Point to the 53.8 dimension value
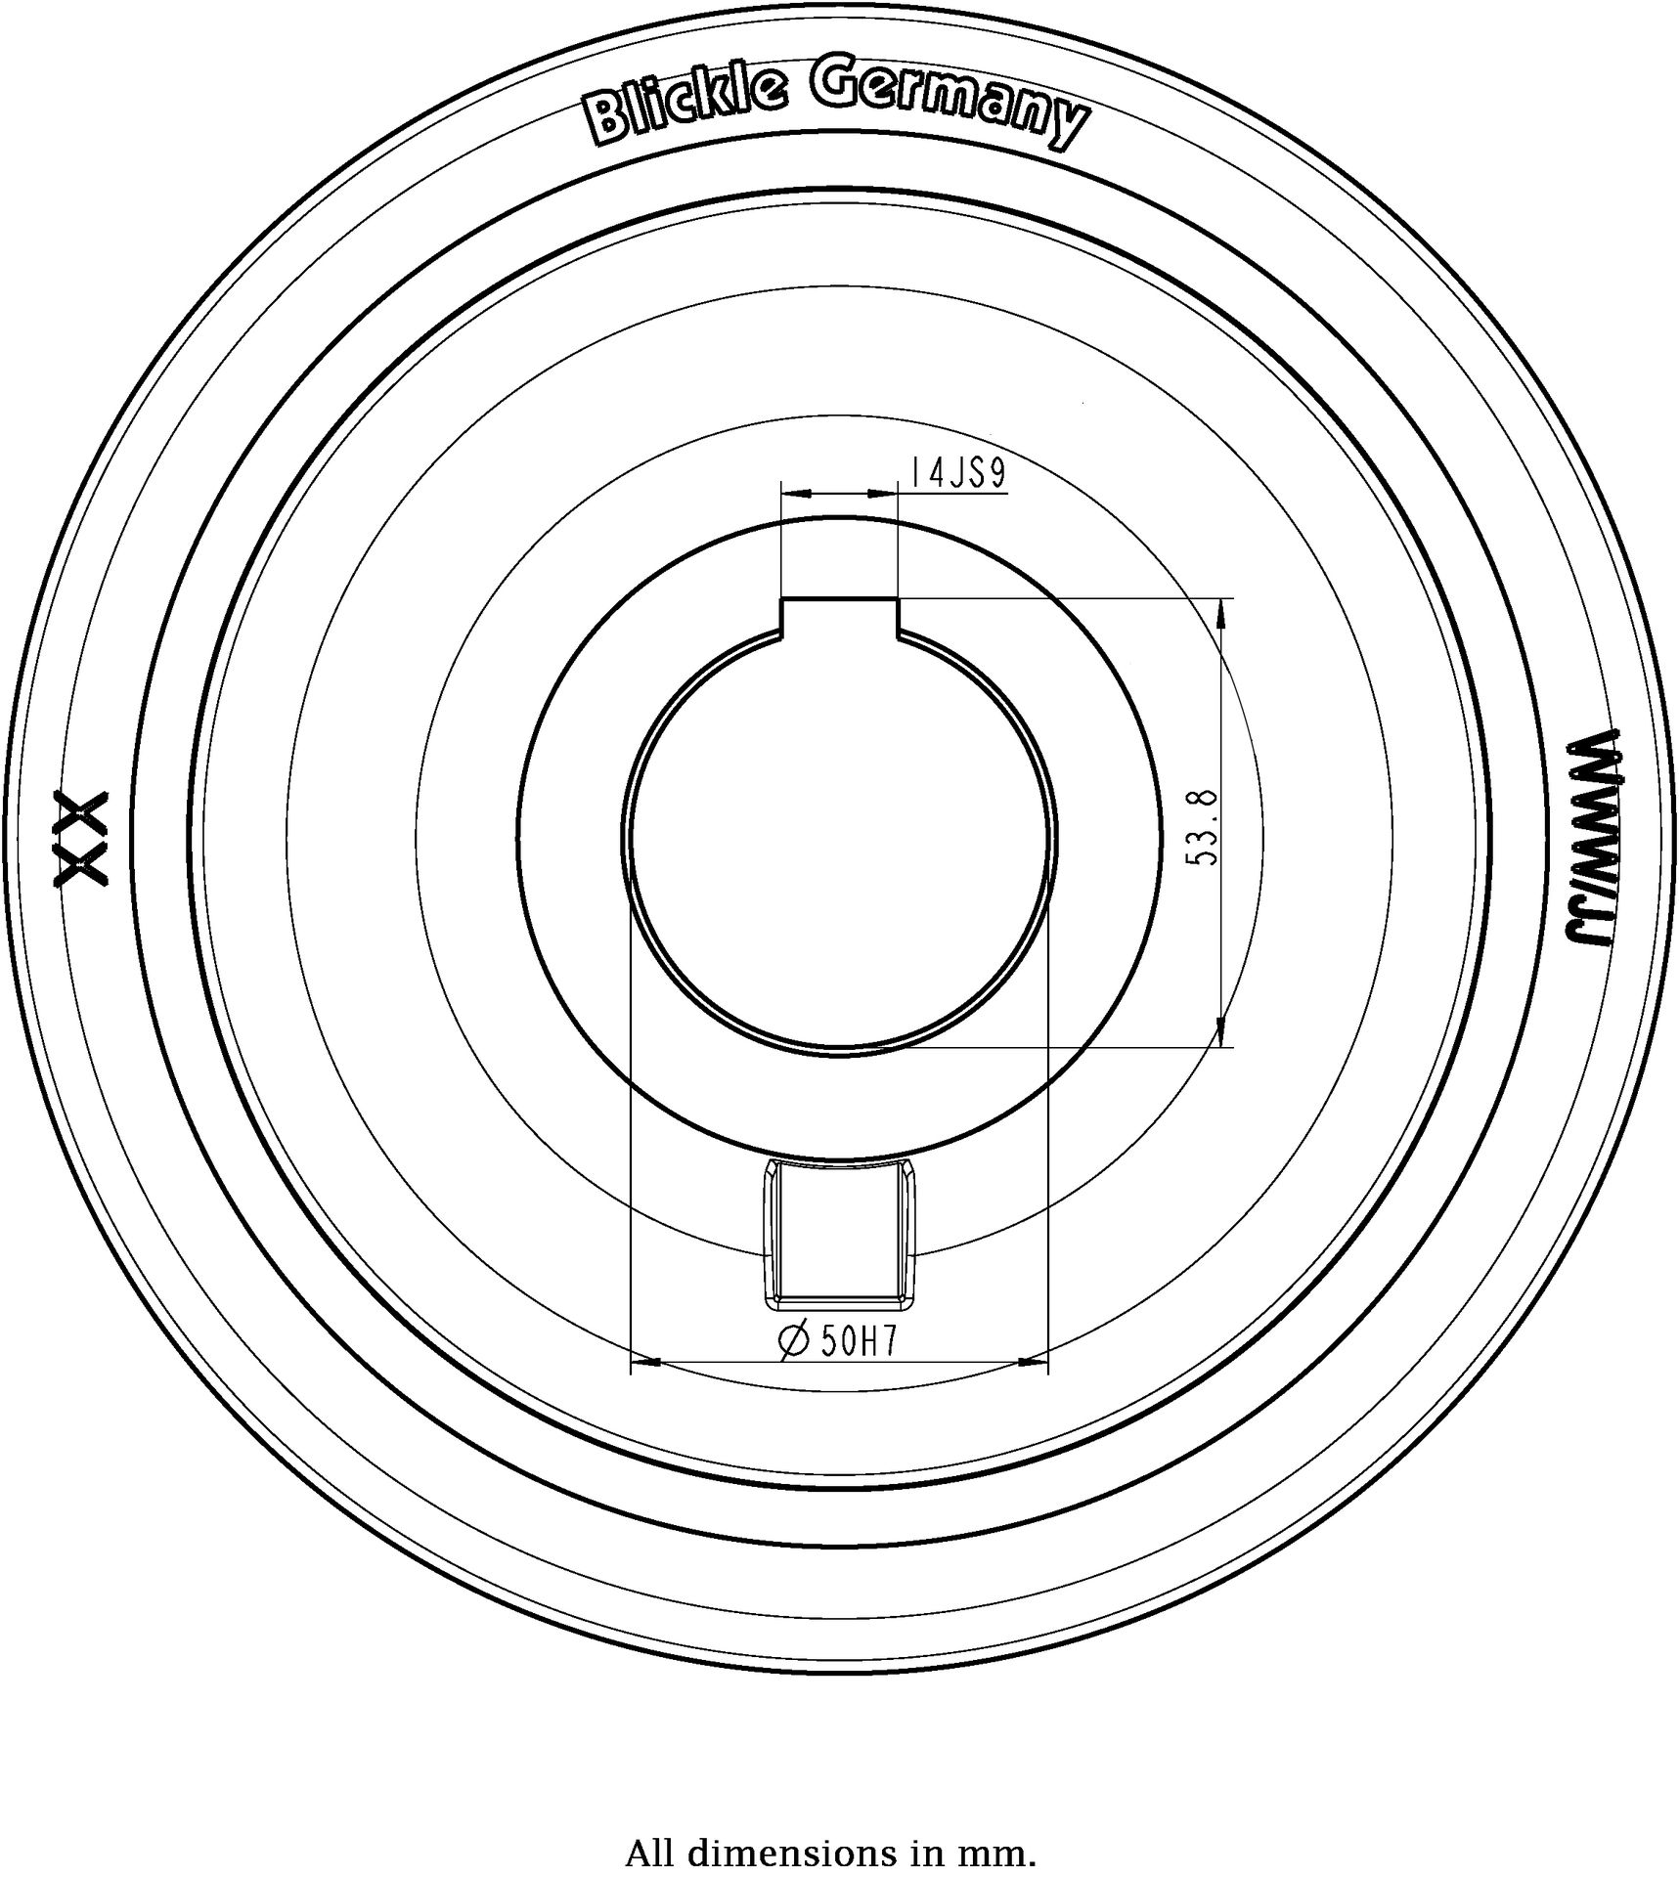(1202, 827)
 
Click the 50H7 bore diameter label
(858, 1342)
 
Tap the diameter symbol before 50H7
(794, 1341)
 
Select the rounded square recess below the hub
(839, 1233)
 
